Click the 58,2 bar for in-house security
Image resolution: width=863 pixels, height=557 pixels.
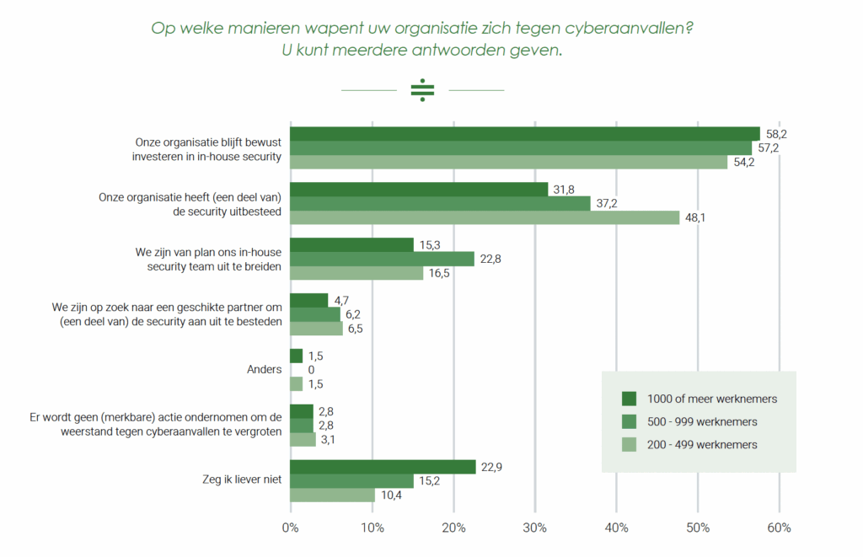click(525, 134)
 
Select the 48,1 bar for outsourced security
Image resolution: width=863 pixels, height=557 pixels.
click(485, 217)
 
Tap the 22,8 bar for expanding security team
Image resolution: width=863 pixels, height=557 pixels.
click(383, 259)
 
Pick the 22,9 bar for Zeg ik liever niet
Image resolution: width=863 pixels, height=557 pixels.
click(383, 467)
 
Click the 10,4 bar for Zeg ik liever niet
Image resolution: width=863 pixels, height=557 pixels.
click(332, 495)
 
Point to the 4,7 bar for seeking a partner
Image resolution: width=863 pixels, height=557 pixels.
click(308, 300)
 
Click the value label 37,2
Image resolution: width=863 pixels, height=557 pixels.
click(607, 204)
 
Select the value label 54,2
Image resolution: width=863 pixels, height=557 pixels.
click(743, 163)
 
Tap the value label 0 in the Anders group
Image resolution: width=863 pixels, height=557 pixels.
click(311, 370)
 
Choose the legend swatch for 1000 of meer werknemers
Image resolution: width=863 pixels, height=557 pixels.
click(629, 399)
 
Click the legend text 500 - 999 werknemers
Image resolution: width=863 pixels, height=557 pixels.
click(702, 421)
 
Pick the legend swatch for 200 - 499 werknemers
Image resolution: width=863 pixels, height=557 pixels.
click(629, 444)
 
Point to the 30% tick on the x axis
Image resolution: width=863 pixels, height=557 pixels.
click(535, 528)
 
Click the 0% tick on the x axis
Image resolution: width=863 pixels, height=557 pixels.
click(291, 528)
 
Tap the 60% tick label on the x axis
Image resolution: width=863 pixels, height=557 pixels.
click(779, 528)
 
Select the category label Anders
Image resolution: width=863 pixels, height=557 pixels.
click(264, 369)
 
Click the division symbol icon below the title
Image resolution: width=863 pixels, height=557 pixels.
click(422, 90)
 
